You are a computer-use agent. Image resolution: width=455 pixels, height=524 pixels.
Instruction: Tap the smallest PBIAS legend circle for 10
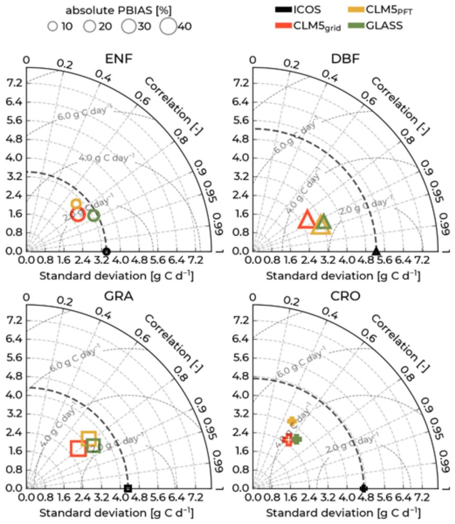coord(52,26)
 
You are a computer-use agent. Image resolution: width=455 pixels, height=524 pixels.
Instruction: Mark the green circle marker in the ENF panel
coord(94,215)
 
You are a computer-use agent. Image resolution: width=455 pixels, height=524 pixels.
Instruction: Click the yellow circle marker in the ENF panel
coord(76,204)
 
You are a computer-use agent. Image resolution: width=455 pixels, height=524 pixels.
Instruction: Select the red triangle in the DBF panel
coord(307,220)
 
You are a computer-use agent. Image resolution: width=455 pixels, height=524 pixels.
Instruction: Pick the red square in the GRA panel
coord(79,448)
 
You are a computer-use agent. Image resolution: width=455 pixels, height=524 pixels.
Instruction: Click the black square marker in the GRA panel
coord(128,488)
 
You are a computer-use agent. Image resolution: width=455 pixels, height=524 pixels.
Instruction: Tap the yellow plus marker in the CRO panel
coord(292,421)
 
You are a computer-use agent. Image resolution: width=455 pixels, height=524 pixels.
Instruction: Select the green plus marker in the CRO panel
coord(297,439)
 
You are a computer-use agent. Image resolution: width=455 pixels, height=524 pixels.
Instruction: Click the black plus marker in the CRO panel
coord(364,488)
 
